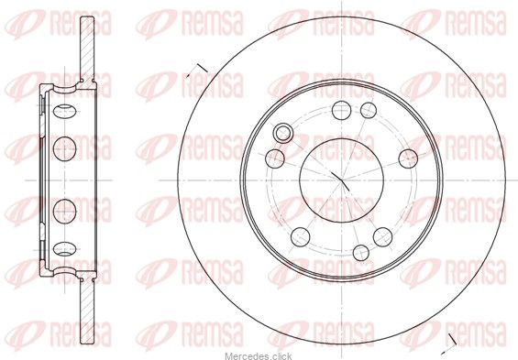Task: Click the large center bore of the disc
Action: [341, 180]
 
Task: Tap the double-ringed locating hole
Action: [283, 133]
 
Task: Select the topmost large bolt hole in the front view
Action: [341, 110]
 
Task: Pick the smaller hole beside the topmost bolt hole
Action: [369, 110]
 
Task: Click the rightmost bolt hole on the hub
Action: [408, 158]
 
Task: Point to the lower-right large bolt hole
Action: [382, 237]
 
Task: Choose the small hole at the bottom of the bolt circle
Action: [360, 253]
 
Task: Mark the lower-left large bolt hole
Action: [301, 237]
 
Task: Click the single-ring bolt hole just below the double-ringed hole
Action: [275, 158]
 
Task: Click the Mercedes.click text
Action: [259, 356]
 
